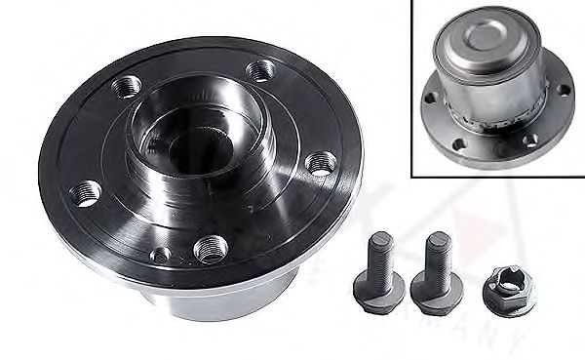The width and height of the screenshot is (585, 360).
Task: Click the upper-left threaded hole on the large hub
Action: (124, 87)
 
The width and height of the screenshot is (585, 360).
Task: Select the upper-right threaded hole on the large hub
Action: (260, 70)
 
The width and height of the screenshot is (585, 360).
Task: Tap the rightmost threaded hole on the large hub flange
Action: (318, 162)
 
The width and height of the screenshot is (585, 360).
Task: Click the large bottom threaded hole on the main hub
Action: (209, 248)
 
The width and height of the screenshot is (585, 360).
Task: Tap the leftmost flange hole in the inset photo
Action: (430, 98)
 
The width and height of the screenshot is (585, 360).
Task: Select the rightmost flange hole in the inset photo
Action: (563, 90)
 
